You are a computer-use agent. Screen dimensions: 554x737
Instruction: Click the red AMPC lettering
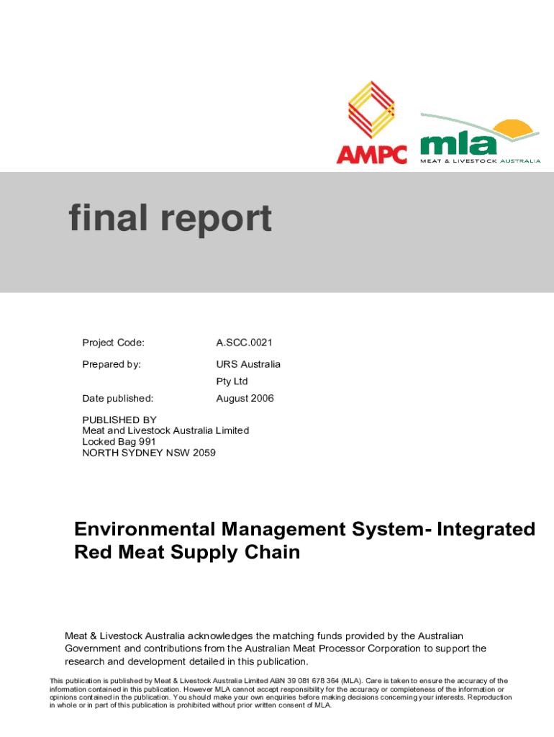[372, 155]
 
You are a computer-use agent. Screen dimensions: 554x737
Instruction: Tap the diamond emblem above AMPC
[371, 109]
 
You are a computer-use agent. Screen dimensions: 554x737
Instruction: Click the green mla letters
[458, 143]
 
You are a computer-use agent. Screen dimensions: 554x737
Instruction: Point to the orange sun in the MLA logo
[512, 130]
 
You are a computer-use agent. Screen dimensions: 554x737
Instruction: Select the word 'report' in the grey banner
[216, 220]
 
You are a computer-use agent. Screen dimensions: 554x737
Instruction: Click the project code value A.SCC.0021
[244, 343]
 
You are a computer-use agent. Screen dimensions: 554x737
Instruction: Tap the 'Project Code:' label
[113, 343]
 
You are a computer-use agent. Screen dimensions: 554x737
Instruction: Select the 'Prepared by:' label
[112, 364]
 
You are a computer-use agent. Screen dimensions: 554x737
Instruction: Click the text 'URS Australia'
[248, 364]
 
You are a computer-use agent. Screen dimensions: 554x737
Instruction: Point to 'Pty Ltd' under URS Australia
[232, 381]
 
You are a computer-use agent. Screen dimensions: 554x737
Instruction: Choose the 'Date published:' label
[117, 398]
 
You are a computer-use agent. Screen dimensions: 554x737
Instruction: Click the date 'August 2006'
[245, 399]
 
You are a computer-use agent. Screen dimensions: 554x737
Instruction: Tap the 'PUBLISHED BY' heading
[119, 420]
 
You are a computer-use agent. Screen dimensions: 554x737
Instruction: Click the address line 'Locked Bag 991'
[119, 441]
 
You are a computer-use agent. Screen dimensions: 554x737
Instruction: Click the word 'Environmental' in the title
[145, 529]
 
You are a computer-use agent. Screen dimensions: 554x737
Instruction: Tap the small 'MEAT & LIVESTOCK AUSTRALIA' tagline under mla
[480, 160]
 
